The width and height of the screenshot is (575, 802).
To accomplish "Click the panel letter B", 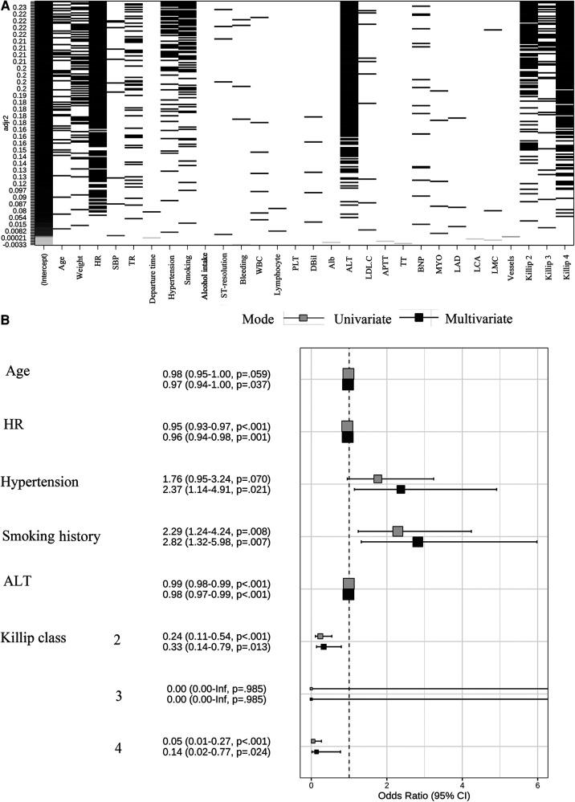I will coord(6,318).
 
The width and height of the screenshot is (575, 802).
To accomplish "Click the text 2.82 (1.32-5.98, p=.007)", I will coord(216,542).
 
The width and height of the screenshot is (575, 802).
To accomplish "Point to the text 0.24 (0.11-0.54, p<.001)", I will coord(216,636).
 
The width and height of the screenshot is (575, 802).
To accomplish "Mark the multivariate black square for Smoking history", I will coord(418,542).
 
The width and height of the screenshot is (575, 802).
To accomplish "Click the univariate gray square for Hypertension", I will coord(377,478).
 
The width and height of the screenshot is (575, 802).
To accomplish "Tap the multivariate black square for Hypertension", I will coord(401,489).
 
